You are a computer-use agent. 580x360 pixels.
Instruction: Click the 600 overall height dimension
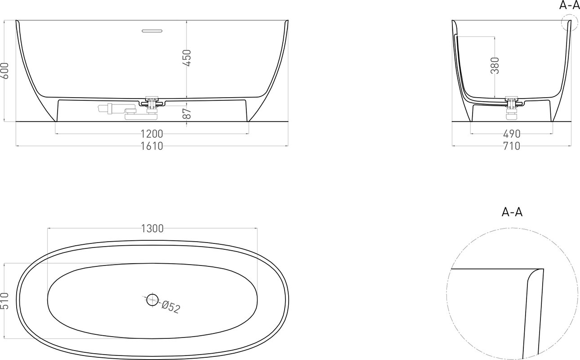(x=5, y=71)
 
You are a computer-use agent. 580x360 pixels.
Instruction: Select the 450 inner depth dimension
(x=187, y=58)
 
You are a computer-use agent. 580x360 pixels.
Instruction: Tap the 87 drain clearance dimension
(x=187, y=114)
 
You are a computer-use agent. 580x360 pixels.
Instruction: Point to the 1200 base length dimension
(x=152, y=134)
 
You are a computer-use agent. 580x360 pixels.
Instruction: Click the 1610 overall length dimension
(x=152, y=146)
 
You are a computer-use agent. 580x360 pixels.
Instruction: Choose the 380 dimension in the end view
(x=495, y=66)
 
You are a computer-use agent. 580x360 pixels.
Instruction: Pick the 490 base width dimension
(x=512, y=134)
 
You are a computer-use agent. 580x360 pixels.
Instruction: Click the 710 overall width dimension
(x=512, y=146)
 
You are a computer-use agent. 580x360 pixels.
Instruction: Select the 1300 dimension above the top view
(x=152, y=229)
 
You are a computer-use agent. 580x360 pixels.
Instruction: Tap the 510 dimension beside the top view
(x=5, y=301)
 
